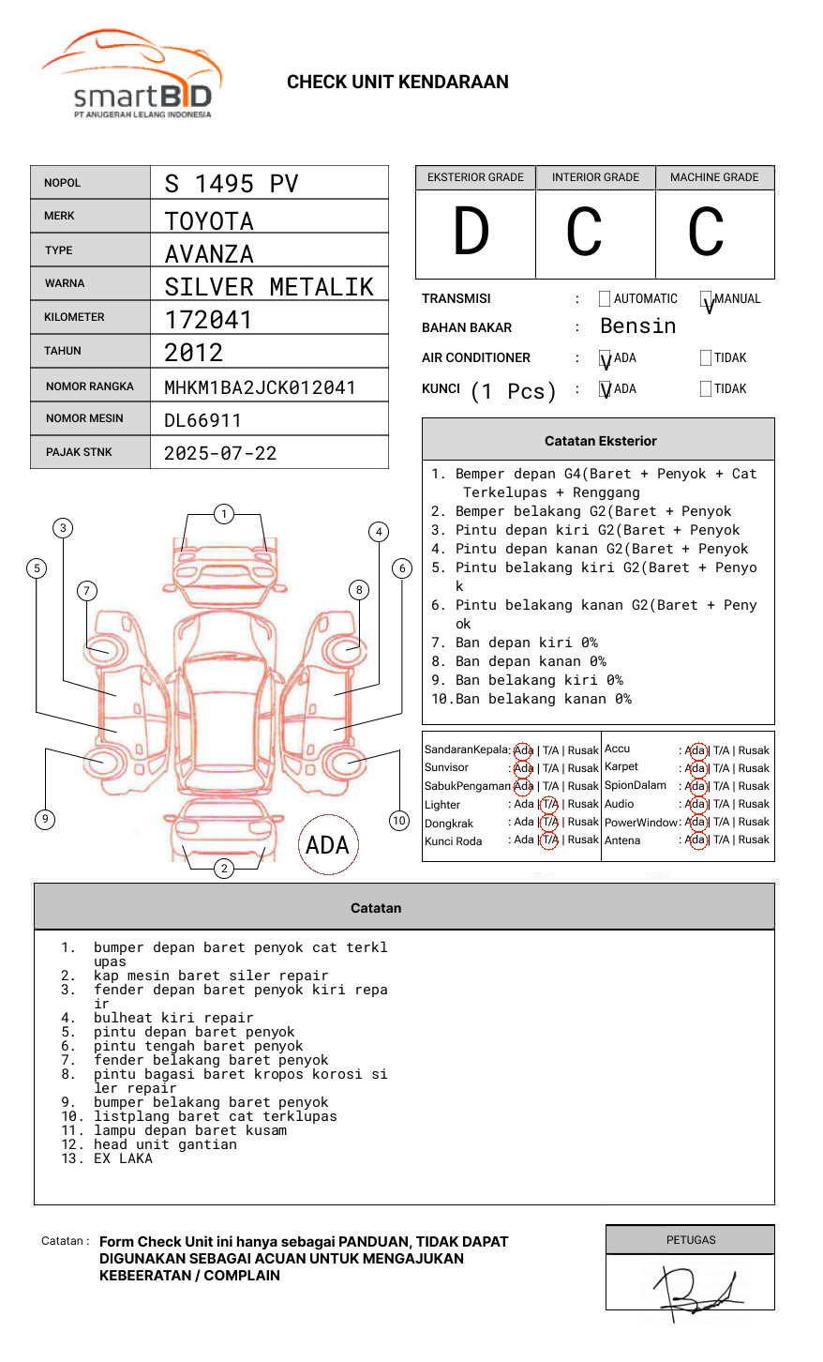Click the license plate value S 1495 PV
click(231, 184)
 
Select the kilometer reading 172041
click(208, 320)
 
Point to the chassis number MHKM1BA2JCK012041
click(260, 387)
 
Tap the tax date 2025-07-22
click(220, 453)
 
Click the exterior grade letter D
click(471, 233)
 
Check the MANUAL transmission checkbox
click(706, 299)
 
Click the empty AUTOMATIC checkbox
click(605, 299)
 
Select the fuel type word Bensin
click(637, 326)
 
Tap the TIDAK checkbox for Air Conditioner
click(706, 358)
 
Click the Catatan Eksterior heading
click(600, 441)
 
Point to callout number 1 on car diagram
click(223, 514)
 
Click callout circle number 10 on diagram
click(399, 821)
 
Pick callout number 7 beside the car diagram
click(87, 590)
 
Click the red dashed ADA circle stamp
click(327, 845)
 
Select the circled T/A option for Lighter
click(549, 804)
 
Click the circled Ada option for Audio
click(696, 804)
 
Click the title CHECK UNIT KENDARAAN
click(397, 83)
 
